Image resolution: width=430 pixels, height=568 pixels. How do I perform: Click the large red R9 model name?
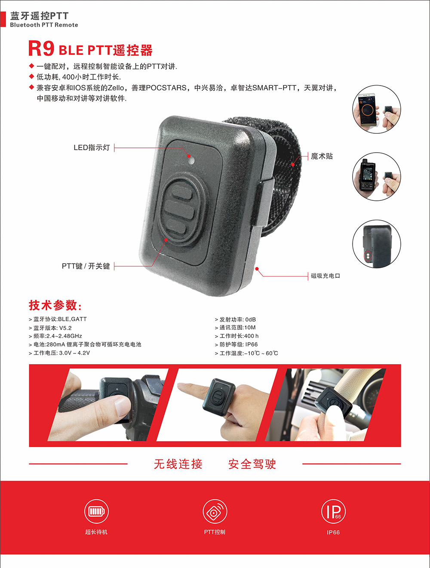pos(41,49)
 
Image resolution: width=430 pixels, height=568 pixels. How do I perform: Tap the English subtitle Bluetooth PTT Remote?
pos(44,25)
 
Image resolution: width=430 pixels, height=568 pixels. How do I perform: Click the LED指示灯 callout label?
pos(92,147)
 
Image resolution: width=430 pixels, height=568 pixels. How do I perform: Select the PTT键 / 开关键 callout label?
pos(86,266)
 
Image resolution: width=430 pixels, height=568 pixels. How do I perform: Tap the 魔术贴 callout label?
pos(322,156)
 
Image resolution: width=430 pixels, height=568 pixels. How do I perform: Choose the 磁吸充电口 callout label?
pos(326,276)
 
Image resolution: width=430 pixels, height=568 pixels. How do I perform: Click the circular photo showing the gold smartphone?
pos(377,109)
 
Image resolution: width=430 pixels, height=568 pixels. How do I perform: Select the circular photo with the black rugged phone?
pos(377,176)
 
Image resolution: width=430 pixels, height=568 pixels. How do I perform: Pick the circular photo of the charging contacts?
pos(377,244)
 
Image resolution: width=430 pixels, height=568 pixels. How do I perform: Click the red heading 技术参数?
pos(55,305)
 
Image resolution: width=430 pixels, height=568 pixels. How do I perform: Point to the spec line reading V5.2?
pos(50,328)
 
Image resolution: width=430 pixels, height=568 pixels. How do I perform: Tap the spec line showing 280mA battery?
pos(85,344)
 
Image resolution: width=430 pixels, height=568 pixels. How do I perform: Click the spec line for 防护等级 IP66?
pos(236,344)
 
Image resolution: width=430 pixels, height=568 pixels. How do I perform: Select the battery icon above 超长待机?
pos(96,511)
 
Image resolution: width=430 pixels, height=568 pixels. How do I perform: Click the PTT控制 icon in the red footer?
pos(215,511)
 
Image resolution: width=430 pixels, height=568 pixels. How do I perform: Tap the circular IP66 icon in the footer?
pos(333,511)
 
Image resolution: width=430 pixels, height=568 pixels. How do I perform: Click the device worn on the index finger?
pos(219,397)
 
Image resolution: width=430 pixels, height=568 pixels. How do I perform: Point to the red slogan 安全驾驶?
pos(252,464)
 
